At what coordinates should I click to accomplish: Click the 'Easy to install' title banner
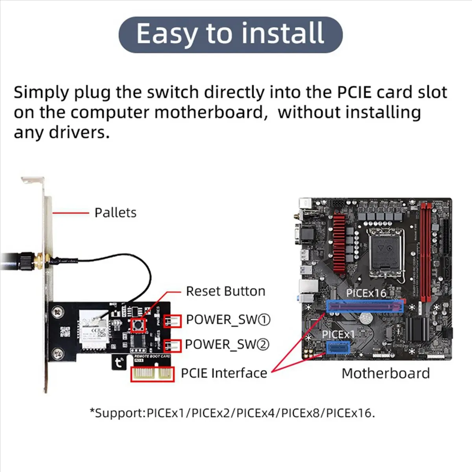[230, 35]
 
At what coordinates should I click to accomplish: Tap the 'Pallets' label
[115, 213]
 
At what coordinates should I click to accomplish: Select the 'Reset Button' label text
[225, 291]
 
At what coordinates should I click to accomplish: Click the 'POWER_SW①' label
[228, 320]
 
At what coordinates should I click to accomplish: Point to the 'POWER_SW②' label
[227, 345]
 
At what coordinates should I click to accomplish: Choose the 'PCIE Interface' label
[224, 373]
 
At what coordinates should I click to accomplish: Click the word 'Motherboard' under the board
[385, 373]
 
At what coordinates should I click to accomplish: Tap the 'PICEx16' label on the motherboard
[366, 293]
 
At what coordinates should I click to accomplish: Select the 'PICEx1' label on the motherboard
[338, 334]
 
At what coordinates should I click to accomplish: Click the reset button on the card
[138, 325]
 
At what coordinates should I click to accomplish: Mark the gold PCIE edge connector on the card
[152, 374]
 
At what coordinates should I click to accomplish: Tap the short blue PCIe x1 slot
[337, 348]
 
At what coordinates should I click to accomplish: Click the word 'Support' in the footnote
[118, 413]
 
